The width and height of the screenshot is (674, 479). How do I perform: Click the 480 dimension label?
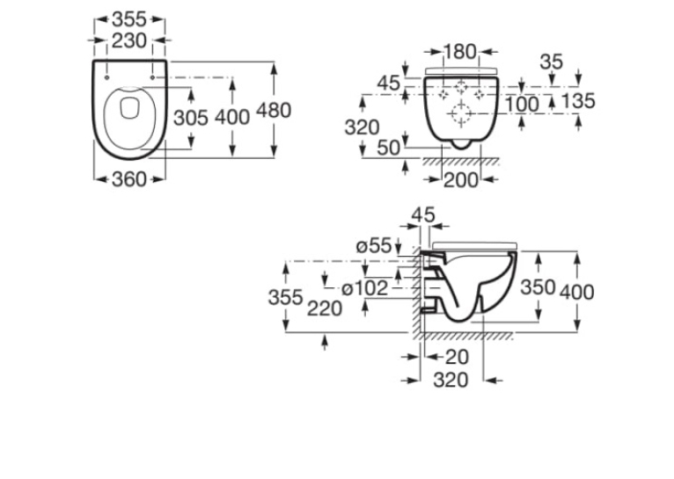[274, 111]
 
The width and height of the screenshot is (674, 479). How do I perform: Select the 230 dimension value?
[129, 40]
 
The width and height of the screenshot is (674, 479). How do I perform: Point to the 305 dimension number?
[191, 118]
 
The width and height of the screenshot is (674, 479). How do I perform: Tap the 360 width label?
[129, 179]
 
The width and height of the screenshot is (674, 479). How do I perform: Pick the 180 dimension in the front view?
[460, 52]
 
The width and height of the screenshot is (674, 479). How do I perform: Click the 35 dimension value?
[551, 62]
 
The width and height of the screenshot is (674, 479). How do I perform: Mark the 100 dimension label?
[522, 105]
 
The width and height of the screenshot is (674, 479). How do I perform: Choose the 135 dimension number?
[578, 101]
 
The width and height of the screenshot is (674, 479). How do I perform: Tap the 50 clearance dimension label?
[388, 148]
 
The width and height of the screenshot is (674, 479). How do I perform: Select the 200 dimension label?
[461, 180]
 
